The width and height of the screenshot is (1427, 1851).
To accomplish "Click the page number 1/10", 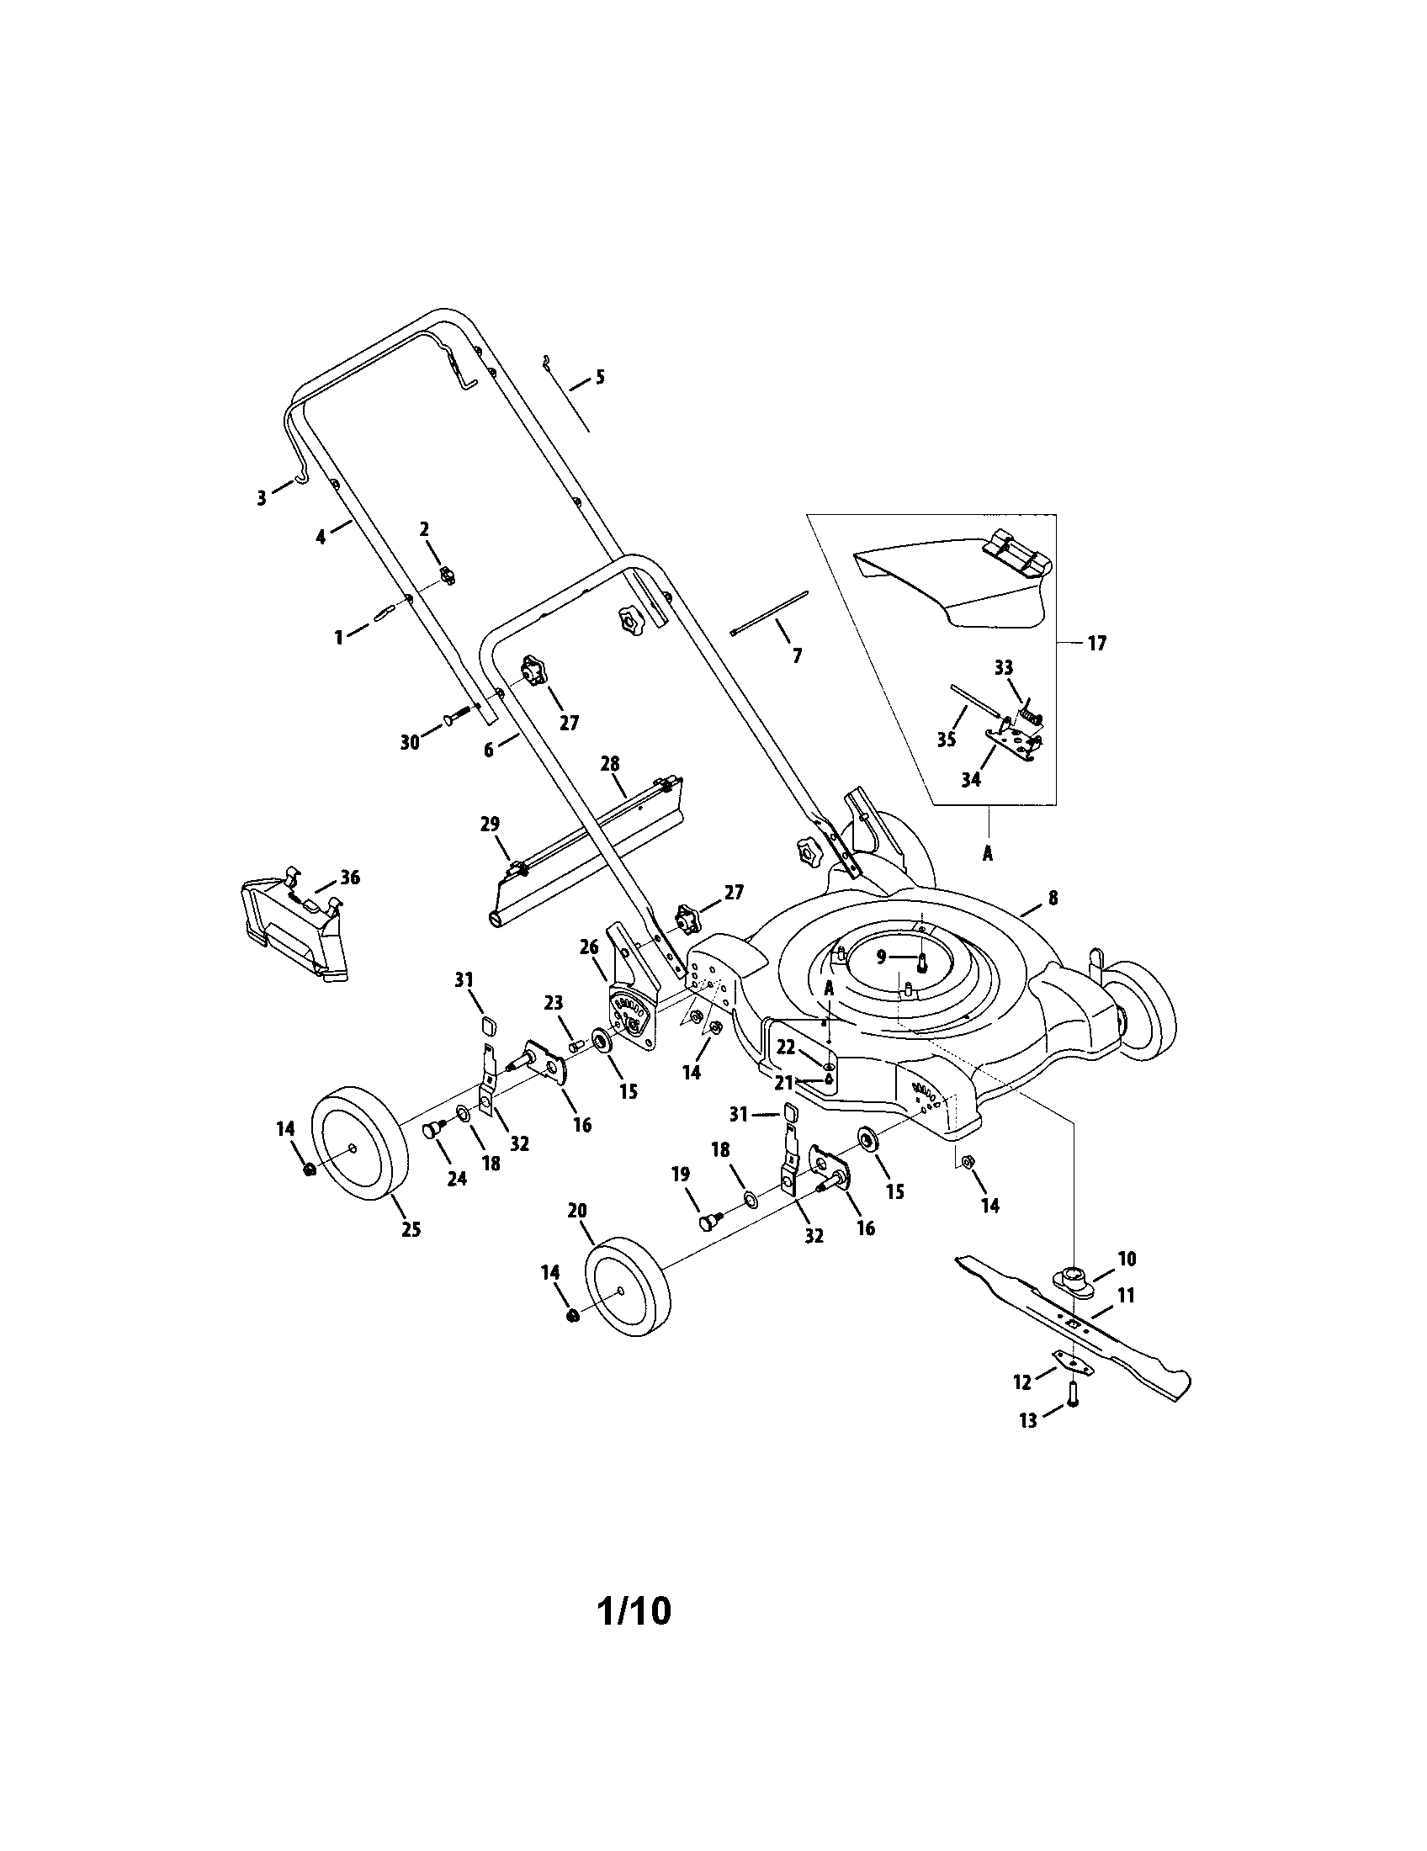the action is click(x=634, y=1611).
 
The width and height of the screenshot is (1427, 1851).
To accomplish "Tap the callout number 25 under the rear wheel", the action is click(x=410, y=1229).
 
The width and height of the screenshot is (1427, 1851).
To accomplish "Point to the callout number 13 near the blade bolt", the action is click(x=1027, y=1420).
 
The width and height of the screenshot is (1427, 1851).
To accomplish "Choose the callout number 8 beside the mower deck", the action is click(x=1053, y=898).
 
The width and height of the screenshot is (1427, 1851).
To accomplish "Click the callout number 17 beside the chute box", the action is click(x=1096, y=644).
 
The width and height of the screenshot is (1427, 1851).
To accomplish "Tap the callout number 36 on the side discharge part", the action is click(x=349, y=878).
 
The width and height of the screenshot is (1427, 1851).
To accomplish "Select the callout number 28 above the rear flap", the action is click(x=610, y=764).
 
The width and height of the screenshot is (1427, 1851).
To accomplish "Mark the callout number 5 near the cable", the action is click(x=600, y=376).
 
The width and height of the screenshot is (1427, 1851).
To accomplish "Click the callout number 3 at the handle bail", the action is click(x=261, y=497).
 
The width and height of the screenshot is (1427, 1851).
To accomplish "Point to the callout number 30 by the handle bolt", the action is click(x=409, y=742).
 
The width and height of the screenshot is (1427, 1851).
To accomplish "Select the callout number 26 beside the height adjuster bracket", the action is click(x=589, y=947).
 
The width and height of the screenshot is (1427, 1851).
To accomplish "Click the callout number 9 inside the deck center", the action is click(x=881, y=957).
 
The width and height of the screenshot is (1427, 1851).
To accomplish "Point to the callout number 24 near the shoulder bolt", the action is click(x=457, y=1178).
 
